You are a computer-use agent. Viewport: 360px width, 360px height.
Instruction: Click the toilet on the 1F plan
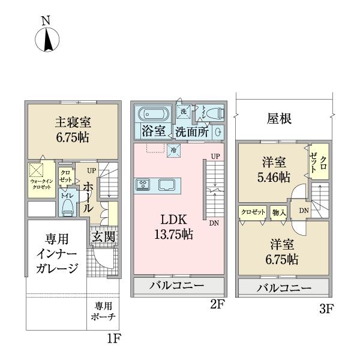point(67,205)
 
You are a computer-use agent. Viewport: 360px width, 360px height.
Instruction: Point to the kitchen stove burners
point(144,185)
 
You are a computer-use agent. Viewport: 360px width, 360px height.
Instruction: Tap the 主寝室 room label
point(73,128)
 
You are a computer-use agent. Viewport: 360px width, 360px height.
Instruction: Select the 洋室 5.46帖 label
point(275,170)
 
